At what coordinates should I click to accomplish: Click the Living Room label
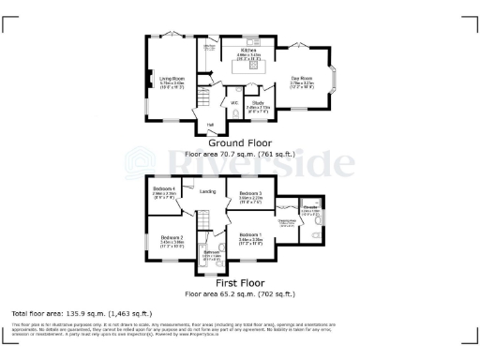click(172, 80)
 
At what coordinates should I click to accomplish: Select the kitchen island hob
click(252, 67)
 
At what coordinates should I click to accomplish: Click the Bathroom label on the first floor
click(211, 253)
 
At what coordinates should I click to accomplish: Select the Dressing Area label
click(288, 222)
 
